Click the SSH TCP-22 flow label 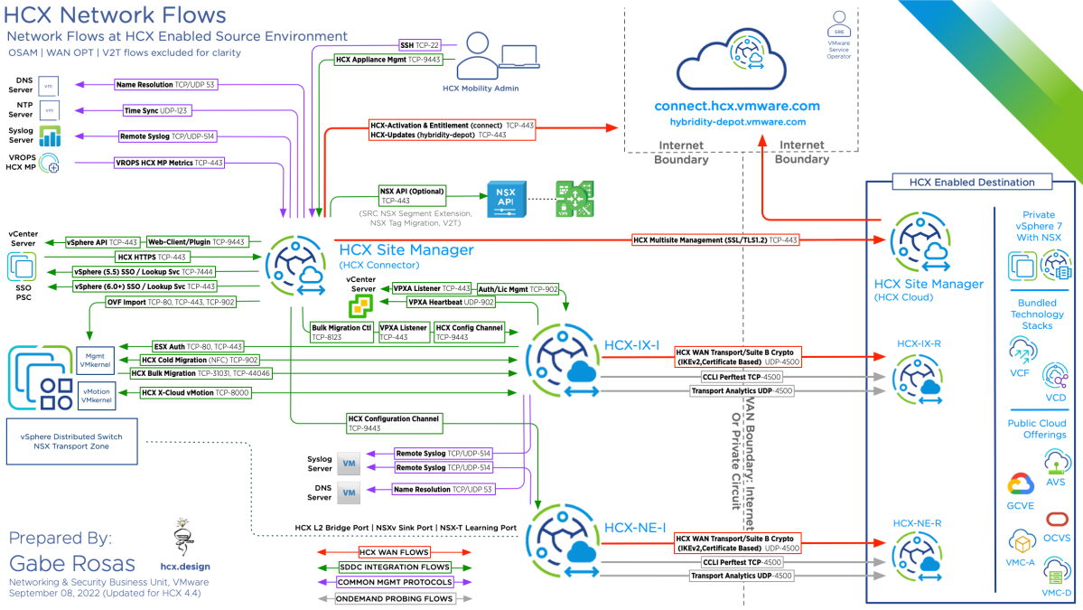[420, 44]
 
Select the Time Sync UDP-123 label [155, 110]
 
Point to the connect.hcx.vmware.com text [737, 107]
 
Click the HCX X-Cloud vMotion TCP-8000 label [195, 393]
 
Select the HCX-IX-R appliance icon [918, 374]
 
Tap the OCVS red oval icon [1056, 519]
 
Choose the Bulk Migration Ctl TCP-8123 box [341, 332]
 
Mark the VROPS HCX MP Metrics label [169, 163]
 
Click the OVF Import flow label [172, 302]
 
